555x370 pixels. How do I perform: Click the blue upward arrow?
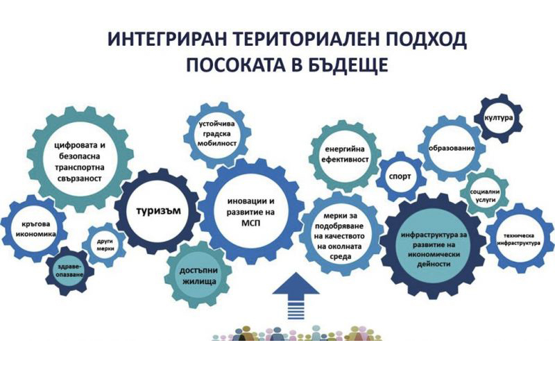(x=296, y=296)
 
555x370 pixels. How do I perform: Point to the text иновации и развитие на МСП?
(x=251, y=212)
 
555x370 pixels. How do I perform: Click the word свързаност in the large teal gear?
(x=80, y=178)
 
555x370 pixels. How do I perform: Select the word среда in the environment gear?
(x=340, y=256)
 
